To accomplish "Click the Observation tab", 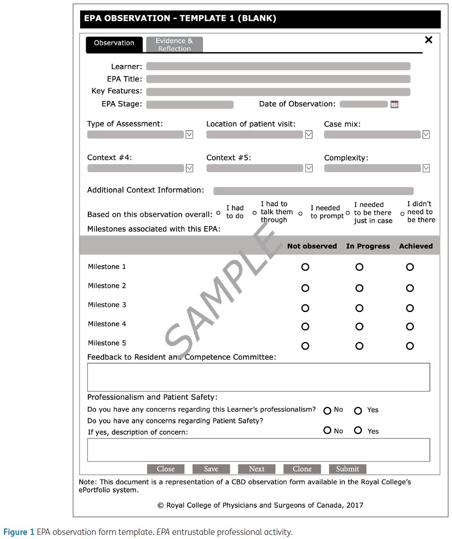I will tap(114, 43).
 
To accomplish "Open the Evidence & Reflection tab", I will tap(174, 45).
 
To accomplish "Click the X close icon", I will tap(428, 40).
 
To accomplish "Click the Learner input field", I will tap(278, 66).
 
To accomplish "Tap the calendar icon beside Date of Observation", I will tap(394, 105).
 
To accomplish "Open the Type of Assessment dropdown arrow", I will tap(189, 135).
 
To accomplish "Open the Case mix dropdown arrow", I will tap(426, 135).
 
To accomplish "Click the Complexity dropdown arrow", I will tap(426, 168).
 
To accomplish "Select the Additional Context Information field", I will tap(313, 191).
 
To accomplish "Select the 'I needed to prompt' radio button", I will tap(300, 213).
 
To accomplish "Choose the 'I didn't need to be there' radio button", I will tap(402, 214).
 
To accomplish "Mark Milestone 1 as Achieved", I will tap(410, 267).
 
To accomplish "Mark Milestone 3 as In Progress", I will tap(359, 308).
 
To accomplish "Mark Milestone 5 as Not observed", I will tap(305, 346).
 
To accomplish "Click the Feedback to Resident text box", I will tap(258, 377).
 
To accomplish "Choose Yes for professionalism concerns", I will tap(358, 411).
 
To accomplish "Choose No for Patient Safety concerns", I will tap(327, 430).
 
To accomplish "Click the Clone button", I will tap(302, 469).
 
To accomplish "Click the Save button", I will tap(211, 469).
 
